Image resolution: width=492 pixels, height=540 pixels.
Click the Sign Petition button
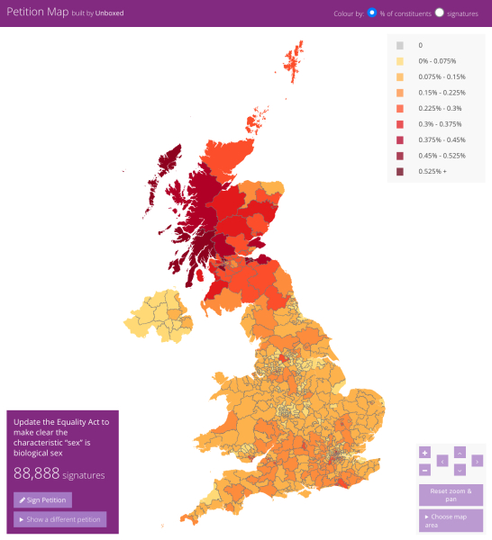coord(43,499)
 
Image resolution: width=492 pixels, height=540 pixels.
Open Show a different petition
coord(60,519)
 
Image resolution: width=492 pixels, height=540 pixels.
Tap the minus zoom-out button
coord(424,470)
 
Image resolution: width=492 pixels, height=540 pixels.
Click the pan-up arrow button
coord(460,452)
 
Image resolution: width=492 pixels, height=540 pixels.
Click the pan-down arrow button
coord(460,470)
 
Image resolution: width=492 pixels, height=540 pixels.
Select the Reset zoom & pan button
coord(451,495)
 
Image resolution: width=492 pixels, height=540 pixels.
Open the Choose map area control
coord(451,520)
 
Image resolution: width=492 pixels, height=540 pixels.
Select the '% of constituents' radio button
coord(372,13)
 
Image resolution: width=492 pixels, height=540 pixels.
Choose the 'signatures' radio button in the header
coord(440,13)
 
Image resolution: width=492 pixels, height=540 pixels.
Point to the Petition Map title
coord(38,13)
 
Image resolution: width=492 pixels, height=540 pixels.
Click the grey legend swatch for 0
coord(400,44)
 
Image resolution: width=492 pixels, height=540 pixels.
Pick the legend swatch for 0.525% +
coord(400,171)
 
